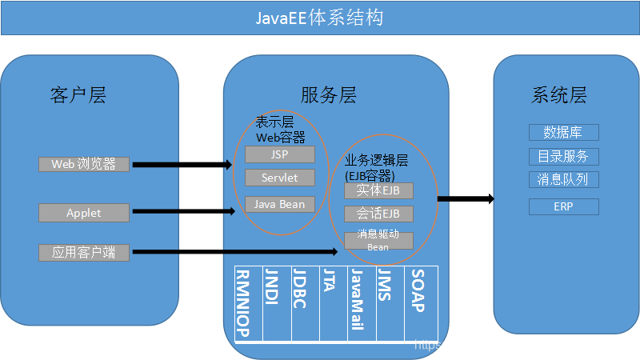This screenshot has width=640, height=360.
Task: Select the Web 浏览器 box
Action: click(x=84, y=164)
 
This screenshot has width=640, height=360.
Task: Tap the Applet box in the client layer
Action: click(x=84, y=213)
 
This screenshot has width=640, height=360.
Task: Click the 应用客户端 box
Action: click(x=84, y=253)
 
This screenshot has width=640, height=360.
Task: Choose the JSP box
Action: click(x=280, y=154)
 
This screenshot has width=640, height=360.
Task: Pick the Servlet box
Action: click(x=280, y=178)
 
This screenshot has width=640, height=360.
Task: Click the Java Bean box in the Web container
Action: click(x=280, y=204)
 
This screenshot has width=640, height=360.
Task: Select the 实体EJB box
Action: click(x=378, y=190)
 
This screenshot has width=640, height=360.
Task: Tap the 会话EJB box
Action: click(x=378, y=214)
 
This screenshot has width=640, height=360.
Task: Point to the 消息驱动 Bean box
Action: click(x=378, y=241)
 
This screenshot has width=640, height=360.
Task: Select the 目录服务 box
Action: click(x=563, y=156)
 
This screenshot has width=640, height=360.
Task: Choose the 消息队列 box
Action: click(x=563, y=179)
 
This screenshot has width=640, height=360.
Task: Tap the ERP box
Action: click(x=563, y=206)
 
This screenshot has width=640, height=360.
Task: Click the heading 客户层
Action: click(x=78, y=96)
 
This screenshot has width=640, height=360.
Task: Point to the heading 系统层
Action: click(x=559, y=96)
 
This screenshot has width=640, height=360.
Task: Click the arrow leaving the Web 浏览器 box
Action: click(x=180, y=165)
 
